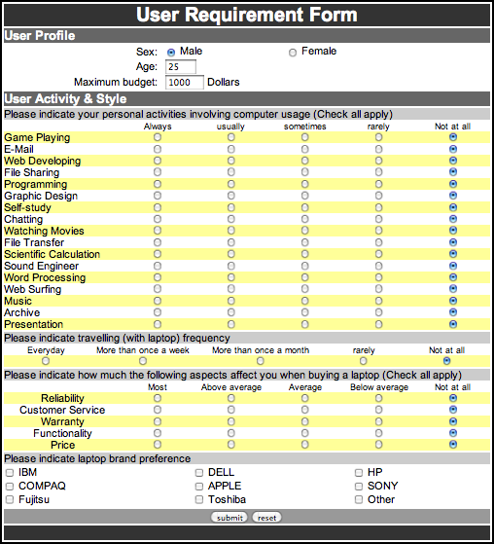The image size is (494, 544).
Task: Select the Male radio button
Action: coord(171,52)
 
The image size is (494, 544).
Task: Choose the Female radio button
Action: coord(293,52)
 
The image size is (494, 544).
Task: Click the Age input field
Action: coord(181,67)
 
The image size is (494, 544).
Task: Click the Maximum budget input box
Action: coord(184,83)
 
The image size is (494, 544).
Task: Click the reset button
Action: coord(267,517)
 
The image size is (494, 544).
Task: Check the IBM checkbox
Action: coord(9,473)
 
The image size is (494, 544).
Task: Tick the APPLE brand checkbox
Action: coord(199,487)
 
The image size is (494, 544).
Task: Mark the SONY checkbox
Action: coord(359,487)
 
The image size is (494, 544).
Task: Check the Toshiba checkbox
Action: coord(199,500)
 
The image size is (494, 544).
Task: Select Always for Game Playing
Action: coord(157,138)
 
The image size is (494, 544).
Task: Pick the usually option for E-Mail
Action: coord(230,150)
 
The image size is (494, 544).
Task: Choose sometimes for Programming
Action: coord(304,185)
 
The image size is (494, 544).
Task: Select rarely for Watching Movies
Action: coord(378,232)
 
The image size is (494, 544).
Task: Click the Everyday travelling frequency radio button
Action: coord(45,361)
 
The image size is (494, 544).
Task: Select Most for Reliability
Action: coord(157,398)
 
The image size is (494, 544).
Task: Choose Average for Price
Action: coord(304,445)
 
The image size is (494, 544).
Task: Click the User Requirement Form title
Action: coord(246,15)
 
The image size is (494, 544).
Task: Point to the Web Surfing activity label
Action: coord(34,290)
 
